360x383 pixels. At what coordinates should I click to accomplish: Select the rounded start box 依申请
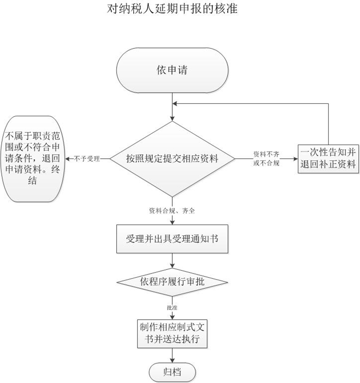(172, 70)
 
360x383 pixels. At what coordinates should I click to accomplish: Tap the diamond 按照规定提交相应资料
(172, 159)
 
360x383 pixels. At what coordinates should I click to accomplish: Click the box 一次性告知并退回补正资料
(329, 158)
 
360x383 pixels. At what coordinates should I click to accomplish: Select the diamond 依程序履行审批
(172, 282)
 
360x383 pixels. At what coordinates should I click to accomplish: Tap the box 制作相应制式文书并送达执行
(172, 334)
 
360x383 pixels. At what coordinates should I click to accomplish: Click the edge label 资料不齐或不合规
(266, 159)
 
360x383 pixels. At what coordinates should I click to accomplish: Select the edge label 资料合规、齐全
(172, 211)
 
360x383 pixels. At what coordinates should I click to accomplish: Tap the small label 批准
(172, 307)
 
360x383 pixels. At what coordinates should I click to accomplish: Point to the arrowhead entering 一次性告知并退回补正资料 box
(296, 159)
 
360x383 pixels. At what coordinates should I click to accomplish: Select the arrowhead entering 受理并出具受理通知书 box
(172, 223)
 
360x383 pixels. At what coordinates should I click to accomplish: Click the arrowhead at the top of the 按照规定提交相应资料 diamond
(172, 118)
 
